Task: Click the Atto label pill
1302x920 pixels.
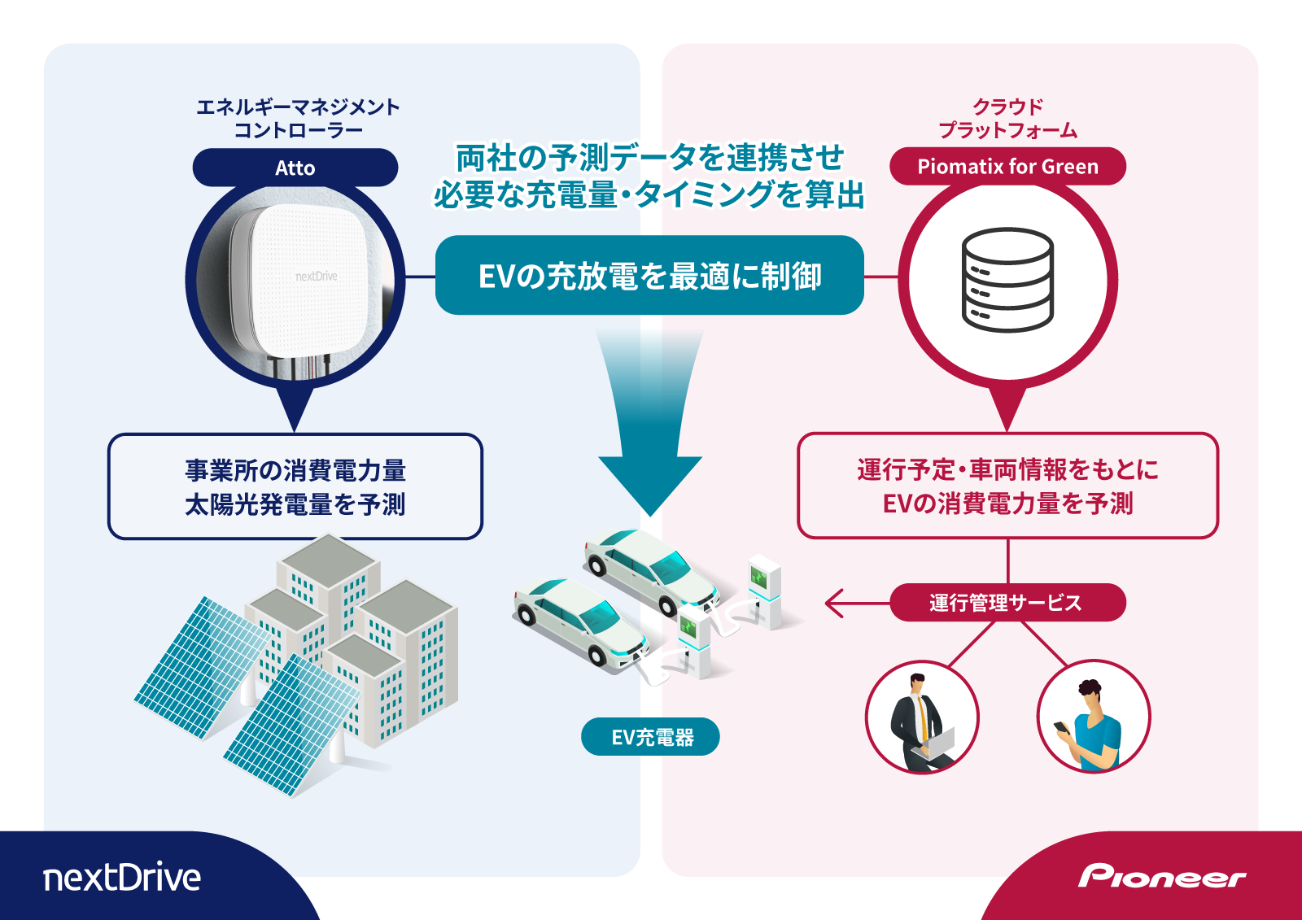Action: tap(295, 168)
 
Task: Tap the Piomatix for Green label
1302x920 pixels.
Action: tap(1007, 167)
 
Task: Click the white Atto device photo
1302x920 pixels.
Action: tap(305, 281)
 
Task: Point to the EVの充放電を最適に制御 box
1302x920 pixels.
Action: tap(649, 276)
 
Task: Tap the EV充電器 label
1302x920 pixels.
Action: tap(650, 737)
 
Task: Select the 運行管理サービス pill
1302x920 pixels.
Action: tap(1007, 603)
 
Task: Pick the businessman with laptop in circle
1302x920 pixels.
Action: tap(921, 717)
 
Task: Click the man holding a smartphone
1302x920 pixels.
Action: tap(1093, 717)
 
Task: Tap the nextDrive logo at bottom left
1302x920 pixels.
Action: tap(122, 877)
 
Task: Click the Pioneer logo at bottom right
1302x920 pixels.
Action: tap(1161, 877)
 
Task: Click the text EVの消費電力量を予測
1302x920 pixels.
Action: tap(1007, 504)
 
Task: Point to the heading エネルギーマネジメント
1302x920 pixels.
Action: tap(298, 107)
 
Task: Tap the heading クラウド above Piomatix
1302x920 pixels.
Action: tap(1007, 107)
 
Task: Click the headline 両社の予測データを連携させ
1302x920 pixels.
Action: tap(649, 158)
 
